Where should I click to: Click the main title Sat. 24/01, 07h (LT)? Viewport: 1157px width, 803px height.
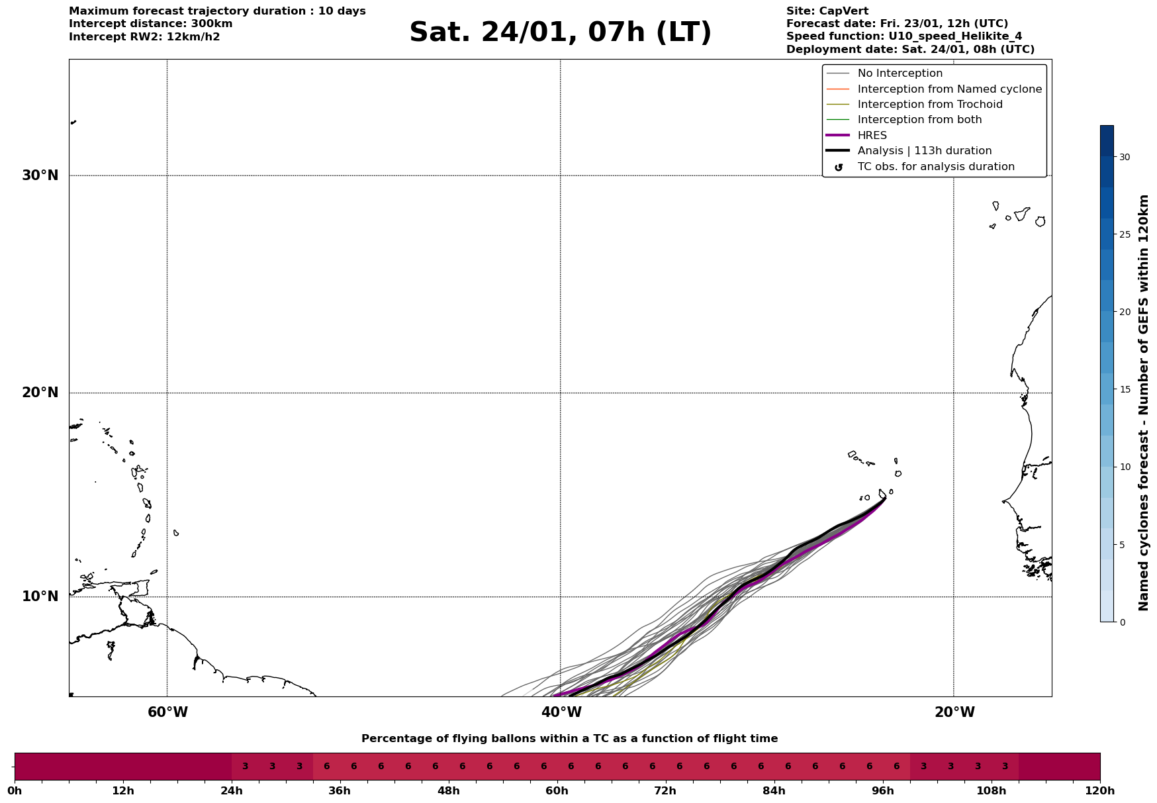pos(560,32)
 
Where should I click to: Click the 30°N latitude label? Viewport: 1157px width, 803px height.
pos(40,175)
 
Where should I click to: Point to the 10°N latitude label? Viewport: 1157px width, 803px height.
pos(40,596)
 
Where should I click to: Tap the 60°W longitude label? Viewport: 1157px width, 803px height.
pos(167,712)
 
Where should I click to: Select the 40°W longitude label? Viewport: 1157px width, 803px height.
pos(561,712)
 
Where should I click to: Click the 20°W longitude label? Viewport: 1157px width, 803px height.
pos(954,712)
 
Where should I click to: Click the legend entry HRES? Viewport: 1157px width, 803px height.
pos(872,136)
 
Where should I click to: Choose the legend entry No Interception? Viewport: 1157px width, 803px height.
pos(900,73)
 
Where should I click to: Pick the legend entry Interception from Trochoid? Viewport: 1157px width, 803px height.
pos(929,105)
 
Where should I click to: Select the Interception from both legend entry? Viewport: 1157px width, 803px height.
pos(919,120)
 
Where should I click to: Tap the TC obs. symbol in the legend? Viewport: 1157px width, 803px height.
pos(839,167)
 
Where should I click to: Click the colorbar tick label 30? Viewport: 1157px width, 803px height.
pos(1125,157)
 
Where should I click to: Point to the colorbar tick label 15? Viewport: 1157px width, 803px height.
pos(1125,389)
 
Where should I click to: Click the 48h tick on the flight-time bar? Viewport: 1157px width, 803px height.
pos(448,790)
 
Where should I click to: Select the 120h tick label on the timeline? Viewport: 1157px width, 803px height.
pos(1100,790)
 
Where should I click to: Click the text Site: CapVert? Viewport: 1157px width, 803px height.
pos(827,11)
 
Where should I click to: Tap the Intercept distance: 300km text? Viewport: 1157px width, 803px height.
pos(150,24)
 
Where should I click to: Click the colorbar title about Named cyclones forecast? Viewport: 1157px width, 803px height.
pos(1143,402)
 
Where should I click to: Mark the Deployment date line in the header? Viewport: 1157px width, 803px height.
pos(910,50)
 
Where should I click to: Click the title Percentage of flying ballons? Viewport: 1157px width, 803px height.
pos(569,739)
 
